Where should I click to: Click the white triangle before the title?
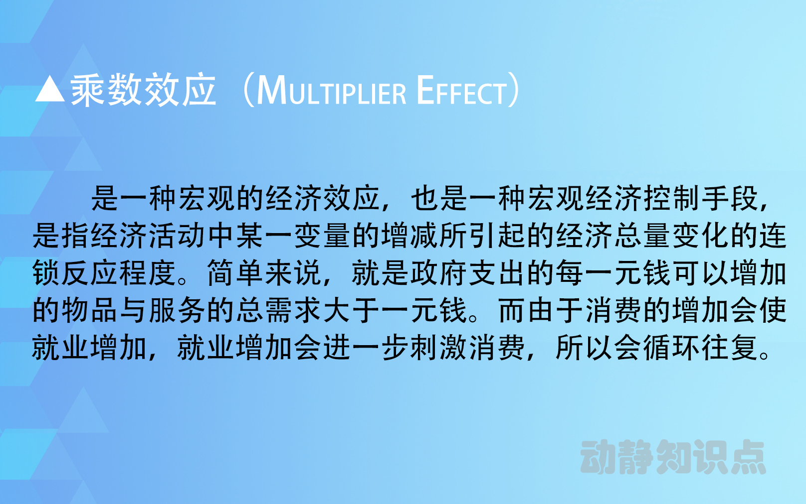50,90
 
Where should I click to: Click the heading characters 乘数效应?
143,90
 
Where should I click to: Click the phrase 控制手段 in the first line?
701,198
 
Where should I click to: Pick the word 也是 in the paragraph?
439,198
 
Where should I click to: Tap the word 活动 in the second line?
177,236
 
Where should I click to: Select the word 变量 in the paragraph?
322,236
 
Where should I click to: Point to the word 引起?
497,236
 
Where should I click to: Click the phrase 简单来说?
264,273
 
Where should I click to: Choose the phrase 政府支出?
468,273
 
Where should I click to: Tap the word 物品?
90,310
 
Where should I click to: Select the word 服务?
177,310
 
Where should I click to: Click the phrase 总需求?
279,310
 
